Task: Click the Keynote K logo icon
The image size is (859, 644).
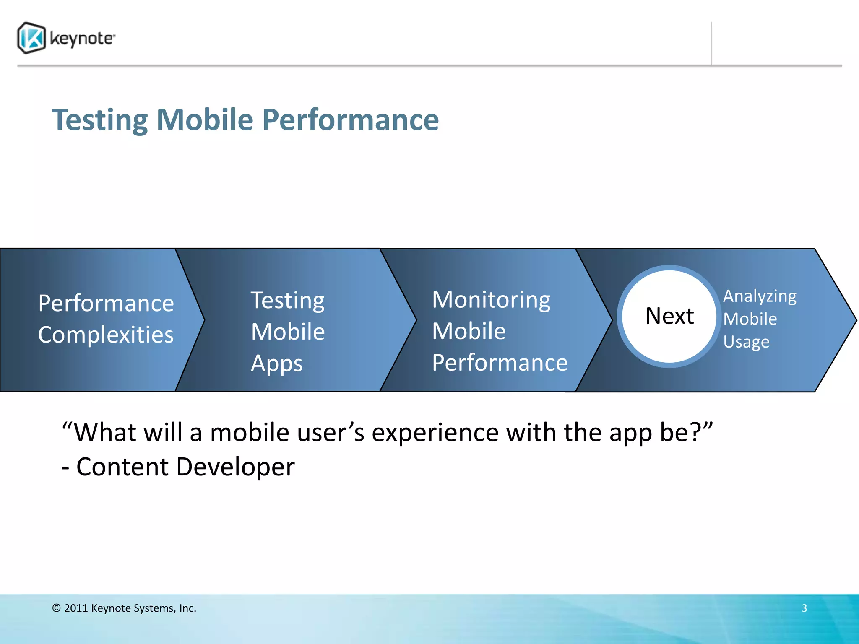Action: (31, 38)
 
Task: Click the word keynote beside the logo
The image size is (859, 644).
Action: (82, 39)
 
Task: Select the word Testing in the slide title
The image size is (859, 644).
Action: (100, 120)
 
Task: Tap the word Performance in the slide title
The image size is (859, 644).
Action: (351, 120)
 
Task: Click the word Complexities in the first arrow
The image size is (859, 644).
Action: (106, 335)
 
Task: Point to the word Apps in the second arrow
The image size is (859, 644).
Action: (277, 363)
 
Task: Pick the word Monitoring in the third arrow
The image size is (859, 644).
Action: (491, 300)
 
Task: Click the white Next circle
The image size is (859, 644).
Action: (669, 316)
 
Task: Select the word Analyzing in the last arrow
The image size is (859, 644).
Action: (760, 296)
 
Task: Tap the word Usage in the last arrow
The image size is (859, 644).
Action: (746, 342)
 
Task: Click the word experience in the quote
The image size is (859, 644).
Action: (435, 432)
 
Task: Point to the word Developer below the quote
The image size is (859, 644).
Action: (235, 467)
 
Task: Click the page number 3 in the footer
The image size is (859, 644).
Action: (804, 608)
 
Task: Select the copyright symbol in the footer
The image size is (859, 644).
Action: (57, 608)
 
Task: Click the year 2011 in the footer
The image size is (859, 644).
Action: (76, 608)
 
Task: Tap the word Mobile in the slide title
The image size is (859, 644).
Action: (205, 120)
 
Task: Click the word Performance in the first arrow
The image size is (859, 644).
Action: (106, 303)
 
